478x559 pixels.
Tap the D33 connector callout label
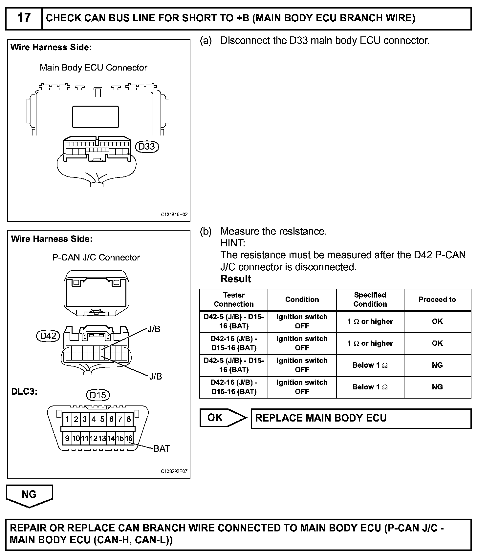click(x=147, y=146)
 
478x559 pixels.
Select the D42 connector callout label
click(x=48, y=336)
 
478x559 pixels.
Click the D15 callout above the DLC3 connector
click(x=98, y=395)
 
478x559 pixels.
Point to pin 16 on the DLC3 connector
click(x=129, y=438)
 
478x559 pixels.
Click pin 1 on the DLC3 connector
click(x=67, y=419)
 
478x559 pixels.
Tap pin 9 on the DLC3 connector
click(x=67, y=438)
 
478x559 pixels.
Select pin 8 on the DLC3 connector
click(x=129, y=419)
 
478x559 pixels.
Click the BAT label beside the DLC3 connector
click(x=162, y=448)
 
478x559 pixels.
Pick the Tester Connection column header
click(x=234, y=300)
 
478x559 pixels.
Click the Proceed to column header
click(x=437, y=300)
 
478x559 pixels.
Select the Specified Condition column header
click(x=370, y=300)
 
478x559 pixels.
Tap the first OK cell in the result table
click(x=437, y=321)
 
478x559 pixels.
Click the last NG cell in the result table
click(x=437, y=387)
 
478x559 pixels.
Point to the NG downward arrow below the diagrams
click(x=29, y=495)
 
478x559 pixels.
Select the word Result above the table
click(x=236, y=279)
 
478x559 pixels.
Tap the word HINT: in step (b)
click(x=233, y=243)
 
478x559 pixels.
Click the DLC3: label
click(x=24, y=392)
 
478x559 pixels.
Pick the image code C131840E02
click(x=174, y=215)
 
